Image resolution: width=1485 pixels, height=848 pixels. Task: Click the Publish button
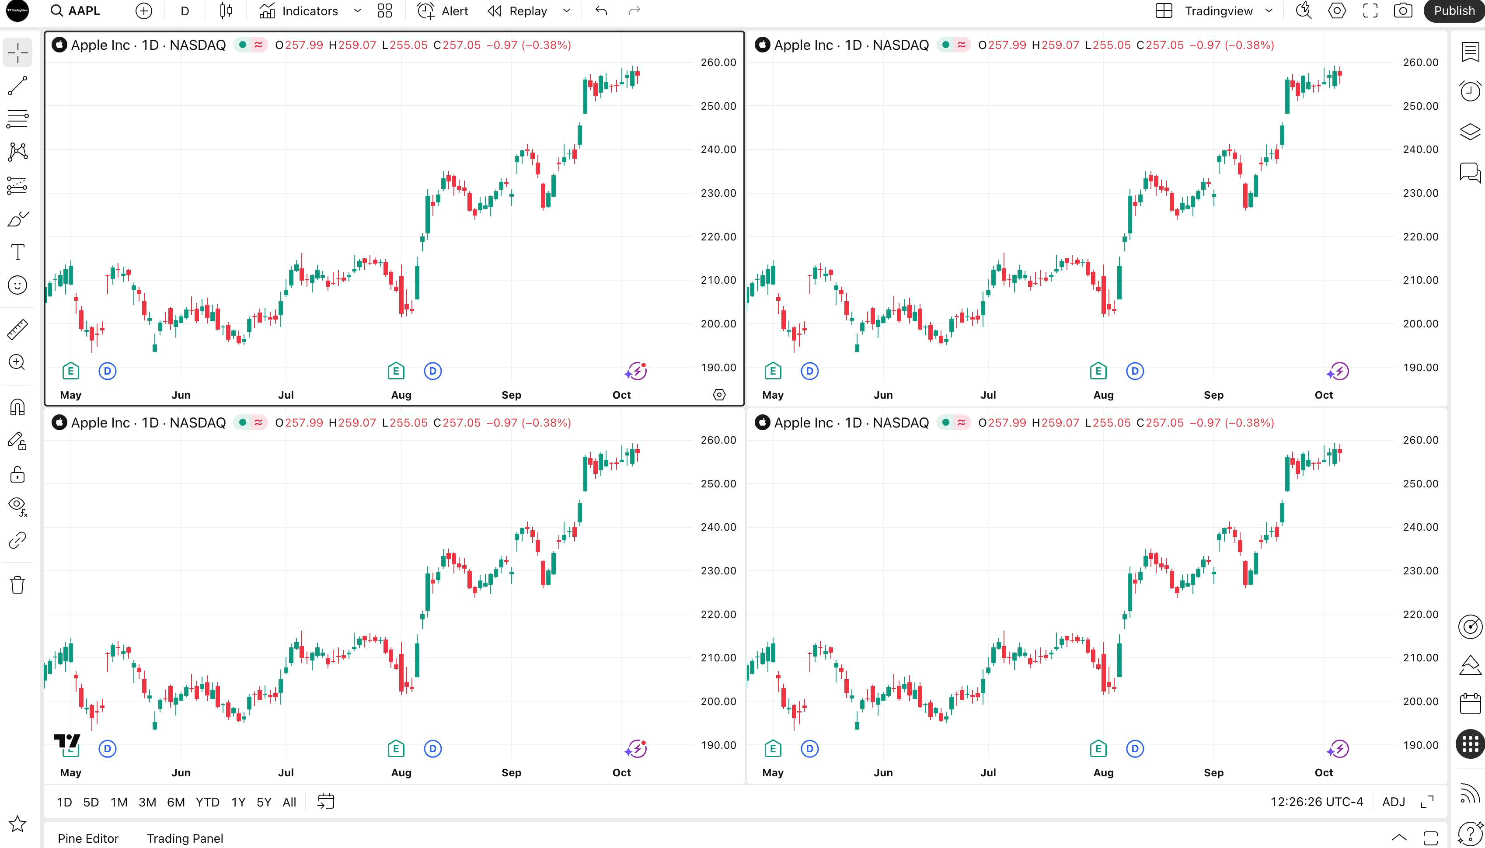pyautogui.click(x=1454, y=11)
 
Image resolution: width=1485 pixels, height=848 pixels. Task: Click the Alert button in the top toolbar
pyautogui.click(x=443, y=11)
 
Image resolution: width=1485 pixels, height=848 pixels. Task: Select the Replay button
pyautogui.click(x=518, y=11)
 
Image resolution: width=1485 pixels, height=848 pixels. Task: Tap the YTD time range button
pyautogui.click(x=207, y=802)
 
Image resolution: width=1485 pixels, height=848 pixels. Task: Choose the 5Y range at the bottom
pyautogui.click(x=264, y=802)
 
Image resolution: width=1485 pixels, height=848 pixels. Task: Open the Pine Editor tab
pyautogui.click(x=88, y=838)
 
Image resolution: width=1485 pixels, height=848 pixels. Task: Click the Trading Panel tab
pyautogui.click(x=185, y=838)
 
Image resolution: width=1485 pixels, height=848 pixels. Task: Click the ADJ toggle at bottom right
pyautogui.click(x=1394, y=802)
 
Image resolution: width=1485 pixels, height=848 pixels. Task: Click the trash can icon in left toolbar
pyautogui.click(x=17, y=584)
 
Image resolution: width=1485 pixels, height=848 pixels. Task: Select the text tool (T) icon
pyautogui.click(x=17, y=252)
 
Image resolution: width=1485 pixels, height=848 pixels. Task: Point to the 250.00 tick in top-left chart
pyautogui.click(x=718, y=106)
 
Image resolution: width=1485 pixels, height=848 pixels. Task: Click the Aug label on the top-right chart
pyautogui.click(x=1103, y=395)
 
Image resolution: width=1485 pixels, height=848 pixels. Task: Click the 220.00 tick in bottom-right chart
pyautogui.click(x=1420, y=614)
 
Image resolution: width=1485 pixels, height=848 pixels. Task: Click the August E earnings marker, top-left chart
pyautogui.click(x=396, y=371)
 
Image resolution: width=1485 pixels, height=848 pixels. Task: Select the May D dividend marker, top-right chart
pyautogui.click(x=810, y=371)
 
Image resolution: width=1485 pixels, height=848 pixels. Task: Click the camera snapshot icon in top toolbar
pyautogui.click(x=1403, y=11)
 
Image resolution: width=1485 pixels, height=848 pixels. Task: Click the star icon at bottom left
pyautogui.click(x=17, y=824)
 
